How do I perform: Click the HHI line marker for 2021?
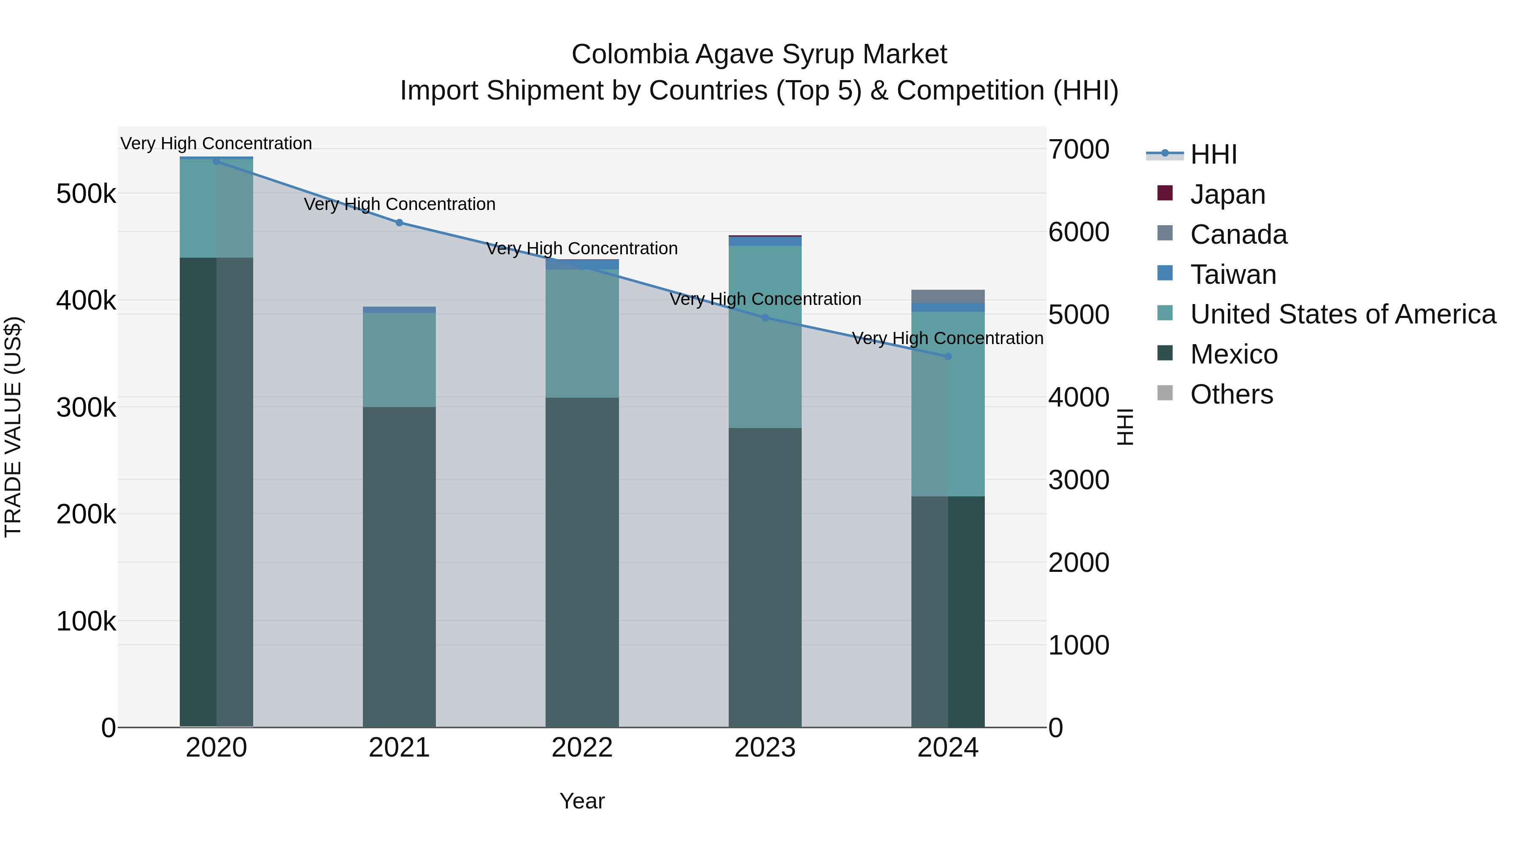(399, 223)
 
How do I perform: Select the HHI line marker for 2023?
(765, 318)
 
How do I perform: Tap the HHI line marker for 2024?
(948, 356)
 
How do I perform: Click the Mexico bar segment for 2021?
(399, 566)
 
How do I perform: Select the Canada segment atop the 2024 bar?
(948, 296)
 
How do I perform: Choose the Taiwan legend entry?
(1232, 275)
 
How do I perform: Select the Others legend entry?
(1231, 394)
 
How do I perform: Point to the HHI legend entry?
(1213, 154)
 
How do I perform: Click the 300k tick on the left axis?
(86, 407)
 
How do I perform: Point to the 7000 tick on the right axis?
(1078, 149)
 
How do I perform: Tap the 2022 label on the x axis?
(582, 748)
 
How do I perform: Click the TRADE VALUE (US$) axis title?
(13, 427)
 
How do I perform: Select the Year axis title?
(582, 801)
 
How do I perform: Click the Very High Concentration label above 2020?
(216, 143)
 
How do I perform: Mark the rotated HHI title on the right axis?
(1125, 427)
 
